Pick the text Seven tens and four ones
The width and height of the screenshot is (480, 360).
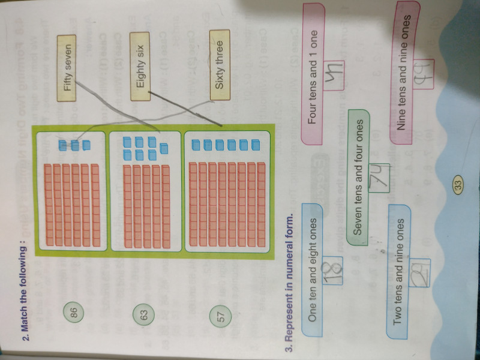point(359,180)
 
